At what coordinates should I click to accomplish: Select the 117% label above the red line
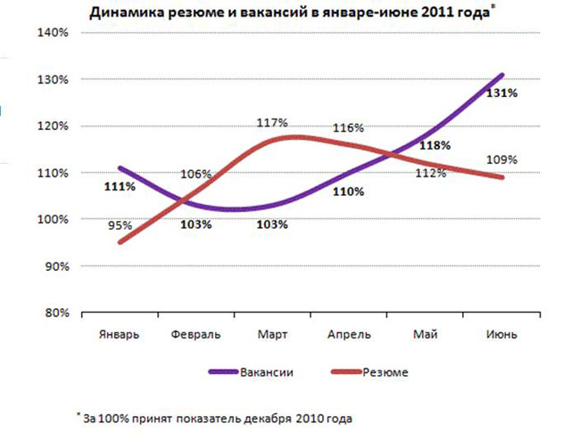tap(271, 123)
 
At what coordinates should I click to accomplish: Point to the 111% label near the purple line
tap(120, 187)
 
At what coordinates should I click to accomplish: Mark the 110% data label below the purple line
tap(348, 191)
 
